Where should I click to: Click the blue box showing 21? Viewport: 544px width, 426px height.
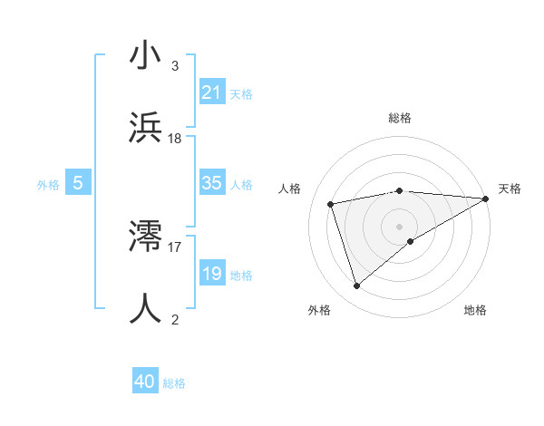point(212,92)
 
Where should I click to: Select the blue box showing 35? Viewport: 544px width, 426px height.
point(212,184)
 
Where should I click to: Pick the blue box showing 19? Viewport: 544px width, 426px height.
point(212,274)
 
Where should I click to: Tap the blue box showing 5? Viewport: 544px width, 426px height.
point(78,184)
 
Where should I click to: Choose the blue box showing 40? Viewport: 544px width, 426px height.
point(145,382)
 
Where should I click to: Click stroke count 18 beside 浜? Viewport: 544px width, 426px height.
point(175,139)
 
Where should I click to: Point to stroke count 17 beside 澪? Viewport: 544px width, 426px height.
point(175,246)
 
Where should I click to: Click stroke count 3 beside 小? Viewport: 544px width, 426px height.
point(175,66)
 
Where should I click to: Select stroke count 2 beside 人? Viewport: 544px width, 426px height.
point(175,319)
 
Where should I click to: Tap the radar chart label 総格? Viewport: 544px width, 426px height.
point(400,118)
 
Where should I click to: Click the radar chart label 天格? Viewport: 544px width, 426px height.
point(510,189)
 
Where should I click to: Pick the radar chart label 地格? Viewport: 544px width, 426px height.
point(475,310)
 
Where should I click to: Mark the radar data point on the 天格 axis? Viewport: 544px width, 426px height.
point(486,198)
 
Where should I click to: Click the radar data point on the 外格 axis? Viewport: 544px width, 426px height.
point(356,286)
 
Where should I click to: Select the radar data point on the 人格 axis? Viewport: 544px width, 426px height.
point(331,203)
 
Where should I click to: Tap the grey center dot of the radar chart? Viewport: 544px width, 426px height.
point(400,226)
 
